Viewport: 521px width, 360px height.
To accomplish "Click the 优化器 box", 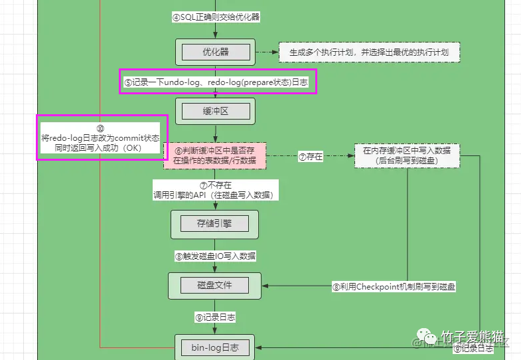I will coord(215,52).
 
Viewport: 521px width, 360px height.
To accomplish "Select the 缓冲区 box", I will coord(215,111).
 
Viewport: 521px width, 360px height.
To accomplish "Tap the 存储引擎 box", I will coord(214,224).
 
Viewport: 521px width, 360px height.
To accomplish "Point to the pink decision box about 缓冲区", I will coord(214,157).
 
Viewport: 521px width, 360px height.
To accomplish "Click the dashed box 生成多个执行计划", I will coord(369,52).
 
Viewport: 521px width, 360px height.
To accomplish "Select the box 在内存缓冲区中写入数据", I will coord(407,155).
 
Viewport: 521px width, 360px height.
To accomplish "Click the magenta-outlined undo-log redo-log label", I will coord(218,82).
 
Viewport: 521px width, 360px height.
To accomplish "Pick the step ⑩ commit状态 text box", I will coord(99,137).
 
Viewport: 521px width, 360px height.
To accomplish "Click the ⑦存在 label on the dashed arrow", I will coord(311,157).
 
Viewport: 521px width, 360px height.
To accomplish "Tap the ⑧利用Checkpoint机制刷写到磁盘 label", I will coord(394,287).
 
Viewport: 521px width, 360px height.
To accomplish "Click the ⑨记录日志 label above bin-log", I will coord(215,317).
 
